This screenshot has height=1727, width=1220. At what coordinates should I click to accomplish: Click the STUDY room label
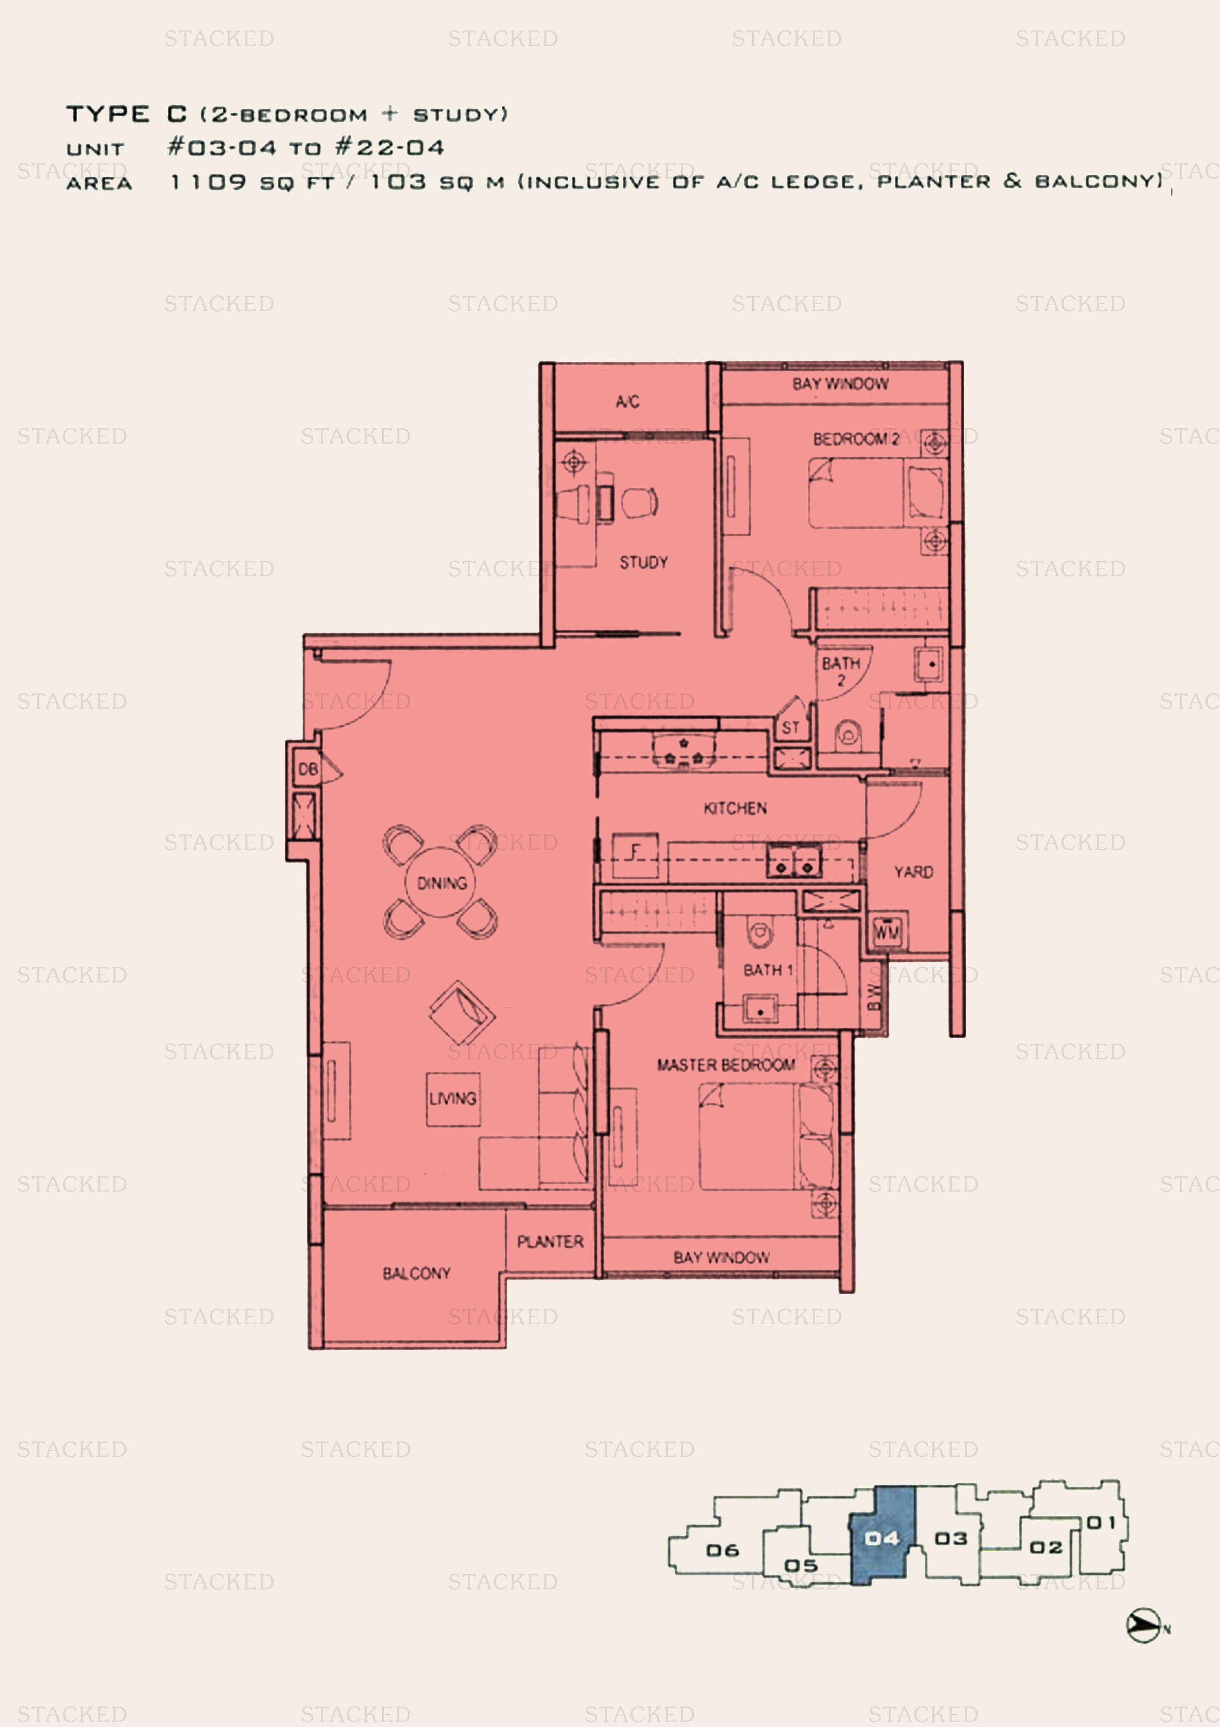coord(643,563)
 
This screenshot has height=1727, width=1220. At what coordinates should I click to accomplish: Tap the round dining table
coord(441,882)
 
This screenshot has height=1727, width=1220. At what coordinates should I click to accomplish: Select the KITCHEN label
coord(735,808)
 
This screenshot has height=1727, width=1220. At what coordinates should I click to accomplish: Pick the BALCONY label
coord(417,1274)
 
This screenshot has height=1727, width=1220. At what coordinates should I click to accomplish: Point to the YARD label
coord(914,872)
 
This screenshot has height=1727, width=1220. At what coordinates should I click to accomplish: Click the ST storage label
coord(790,727)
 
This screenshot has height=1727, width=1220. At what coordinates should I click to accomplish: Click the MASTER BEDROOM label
coord(726,1064)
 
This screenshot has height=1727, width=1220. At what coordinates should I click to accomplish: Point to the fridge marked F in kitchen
coord(635,855)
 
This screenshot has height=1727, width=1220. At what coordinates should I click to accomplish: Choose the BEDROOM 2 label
coord(856,439)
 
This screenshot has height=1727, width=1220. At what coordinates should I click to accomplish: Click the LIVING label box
coord(453,1099)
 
